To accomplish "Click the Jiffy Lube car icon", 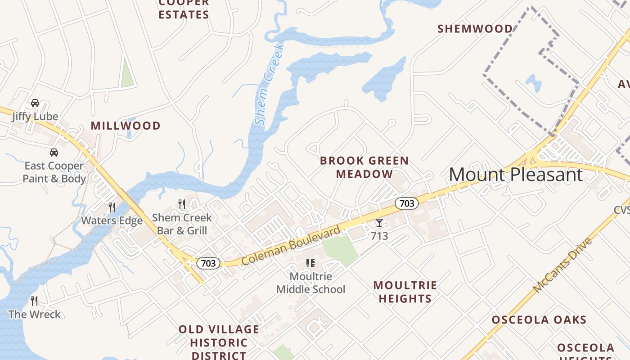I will [35, 103].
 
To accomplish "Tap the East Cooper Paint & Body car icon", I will [54, 153].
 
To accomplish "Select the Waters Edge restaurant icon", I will [112, 207].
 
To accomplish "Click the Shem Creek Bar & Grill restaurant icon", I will [182, 204].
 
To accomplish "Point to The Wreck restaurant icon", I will [34, 301].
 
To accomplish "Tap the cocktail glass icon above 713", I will [379, 223].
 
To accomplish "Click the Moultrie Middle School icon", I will [310, 263].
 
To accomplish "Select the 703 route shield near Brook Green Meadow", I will [407, 203].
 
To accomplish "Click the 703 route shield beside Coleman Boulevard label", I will [208, 263].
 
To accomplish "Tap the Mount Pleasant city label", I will [516, 174].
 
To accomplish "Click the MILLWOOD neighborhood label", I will [126, 126].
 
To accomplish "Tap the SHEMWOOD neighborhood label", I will [475, 29].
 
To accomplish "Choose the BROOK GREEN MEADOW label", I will [364, 167].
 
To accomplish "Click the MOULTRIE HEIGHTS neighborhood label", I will [405, 292].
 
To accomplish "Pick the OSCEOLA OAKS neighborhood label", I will [539, 320].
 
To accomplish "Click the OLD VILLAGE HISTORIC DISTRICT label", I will [219, 342].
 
